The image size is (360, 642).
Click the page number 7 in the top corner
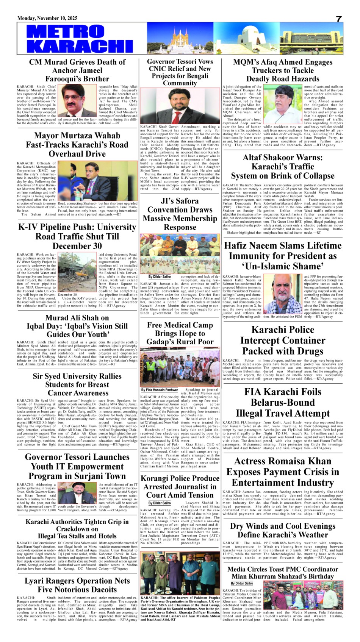coord(339,19)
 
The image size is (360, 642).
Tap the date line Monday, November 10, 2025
coord(47,18)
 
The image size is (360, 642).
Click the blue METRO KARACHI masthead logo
coord(80,38)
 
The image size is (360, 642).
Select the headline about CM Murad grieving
coord(77,70)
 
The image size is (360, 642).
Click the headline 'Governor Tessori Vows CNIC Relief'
coord(180,72)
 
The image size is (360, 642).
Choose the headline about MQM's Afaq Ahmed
coord(283,70)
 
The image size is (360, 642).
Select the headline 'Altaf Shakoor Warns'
coord(283,167)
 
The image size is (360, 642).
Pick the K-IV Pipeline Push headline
coord(77,236)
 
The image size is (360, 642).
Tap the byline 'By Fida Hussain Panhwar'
coord(160,390)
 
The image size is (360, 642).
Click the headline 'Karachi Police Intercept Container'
coord(283,341)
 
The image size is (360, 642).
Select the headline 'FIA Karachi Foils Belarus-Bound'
coord(283,403)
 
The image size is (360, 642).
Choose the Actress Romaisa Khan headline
coord(283,472)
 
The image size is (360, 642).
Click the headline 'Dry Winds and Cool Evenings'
coord(283,530)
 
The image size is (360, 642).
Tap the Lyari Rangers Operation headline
coord(77,585)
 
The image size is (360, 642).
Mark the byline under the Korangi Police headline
coord(160,503)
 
